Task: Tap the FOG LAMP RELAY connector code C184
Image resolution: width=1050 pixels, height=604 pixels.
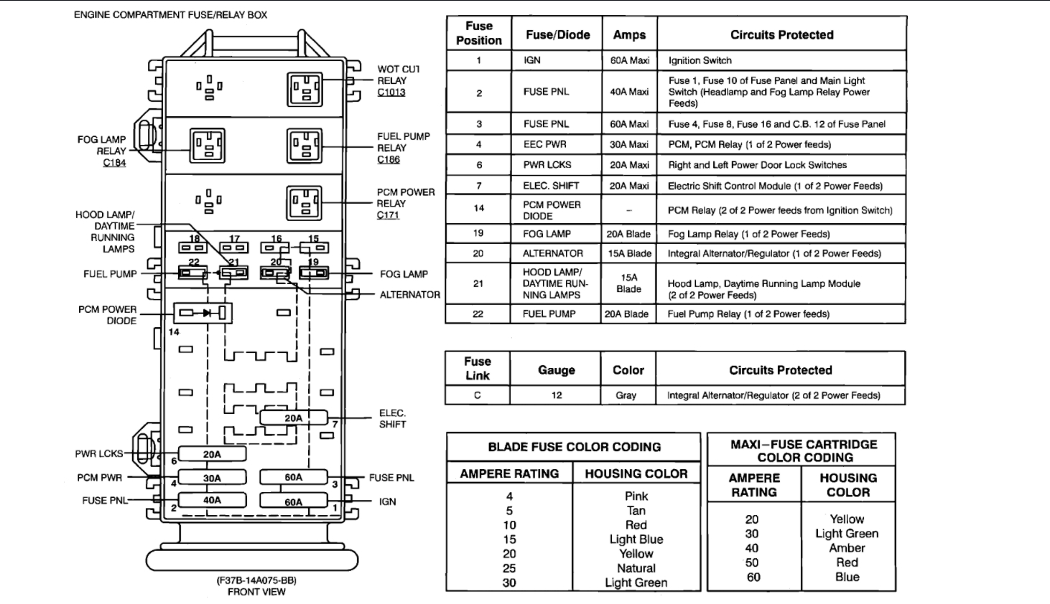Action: (x=114, y=163)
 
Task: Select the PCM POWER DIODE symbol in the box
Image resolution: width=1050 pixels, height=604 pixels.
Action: (x=203, y=313)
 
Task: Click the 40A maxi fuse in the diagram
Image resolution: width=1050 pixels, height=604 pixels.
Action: (x=212, y=500)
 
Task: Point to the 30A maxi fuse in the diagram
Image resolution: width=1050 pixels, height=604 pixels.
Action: (x=212, y=478)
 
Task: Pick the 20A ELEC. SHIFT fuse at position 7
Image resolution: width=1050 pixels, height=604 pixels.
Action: (x=293, y=417)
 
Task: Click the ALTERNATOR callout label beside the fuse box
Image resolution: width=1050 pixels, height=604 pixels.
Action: (x=409, y=294)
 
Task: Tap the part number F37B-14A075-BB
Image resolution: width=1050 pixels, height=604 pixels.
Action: (x=256, y=580)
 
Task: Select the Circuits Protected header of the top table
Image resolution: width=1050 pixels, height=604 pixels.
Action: (x=781, y=34)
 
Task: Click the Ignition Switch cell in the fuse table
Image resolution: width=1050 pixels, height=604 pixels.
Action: (x=700, y=60)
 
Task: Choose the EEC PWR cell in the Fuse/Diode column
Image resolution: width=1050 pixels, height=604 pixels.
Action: (x=544, y=144)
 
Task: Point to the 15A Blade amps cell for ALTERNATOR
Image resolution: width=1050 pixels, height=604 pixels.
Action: (x=629, y=253)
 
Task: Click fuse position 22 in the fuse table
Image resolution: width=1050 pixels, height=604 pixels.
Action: (x=478, y=313)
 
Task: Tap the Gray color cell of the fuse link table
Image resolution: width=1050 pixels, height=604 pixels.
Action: (x=626, y=395)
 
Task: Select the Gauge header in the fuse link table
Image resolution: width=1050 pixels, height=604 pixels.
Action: (x=556, y=370)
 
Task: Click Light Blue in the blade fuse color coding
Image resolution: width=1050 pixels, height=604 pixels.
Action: (x=636, y=539)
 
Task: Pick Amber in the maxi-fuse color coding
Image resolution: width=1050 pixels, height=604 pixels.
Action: (x=847, y=548)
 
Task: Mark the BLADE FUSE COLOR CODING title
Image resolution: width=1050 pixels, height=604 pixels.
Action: (x=574, y=447)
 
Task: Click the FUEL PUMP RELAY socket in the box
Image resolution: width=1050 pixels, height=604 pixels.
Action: (x=305, y=146)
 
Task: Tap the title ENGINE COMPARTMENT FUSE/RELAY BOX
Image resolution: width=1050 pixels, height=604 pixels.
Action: (x=170, y=14)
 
